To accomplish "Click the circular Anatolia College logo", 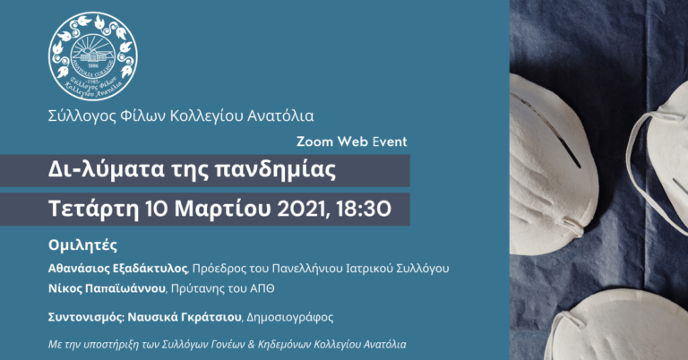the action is click(93, 56).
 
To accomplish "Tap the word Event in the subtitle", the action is click(390, 141).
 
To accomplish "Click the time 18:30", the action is click(364, 210).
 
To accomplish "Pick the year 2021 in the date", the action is click(302, 210).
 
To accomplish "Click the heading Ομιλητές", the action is click(82, 245).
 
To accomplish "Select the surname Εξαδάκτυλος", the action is click(149, 269).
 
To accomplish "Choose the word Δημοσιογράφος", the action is click(290, 317).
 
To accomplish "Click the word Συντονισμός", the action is click(86, 317).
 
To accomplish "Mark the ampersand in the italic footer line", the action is click(251, 345).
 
